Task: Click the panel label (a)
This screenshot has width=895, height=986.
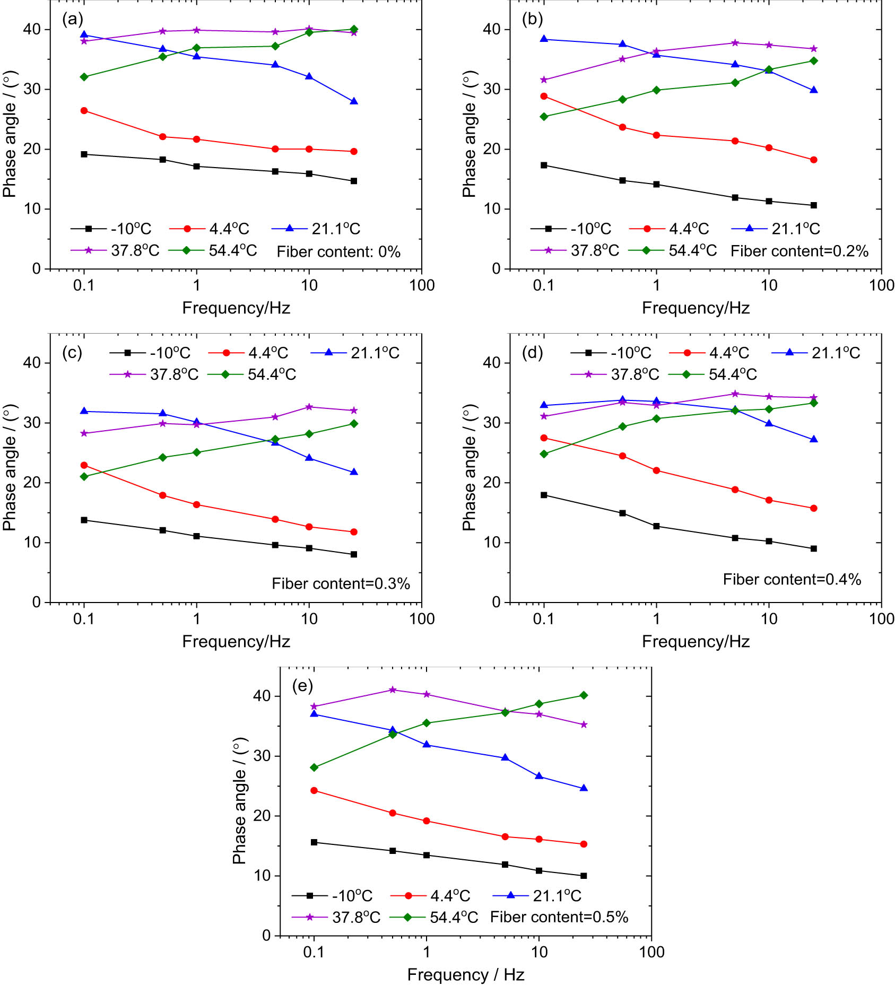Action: pyautogui.click(x=72, y=20)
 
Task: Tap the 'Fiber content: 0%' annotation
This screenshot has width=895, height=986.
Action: pyautogui.click(x=338, y=251)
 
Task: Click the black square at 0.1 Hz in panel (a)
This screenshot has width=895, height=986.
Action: pyautogui.click(x=84, y=154)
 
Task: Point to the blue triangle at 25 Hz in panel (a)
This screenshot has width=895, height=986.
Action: pyautogui.click(x=354, y=101)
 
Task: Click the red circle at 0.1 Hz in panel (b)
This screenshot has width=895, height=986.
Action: pyautogui.click(x=544, y=96)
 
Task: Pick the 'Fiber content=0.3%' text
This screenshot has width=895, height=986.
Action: pyautogui.click(x=341, y=584)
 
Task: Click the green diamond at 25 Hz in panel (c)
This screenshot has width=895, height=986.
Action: pyautogui.click(x=354, y=424)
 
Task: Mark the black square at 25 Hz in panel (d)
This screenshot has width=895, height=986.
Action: pyautogui.click(x=814, y=549)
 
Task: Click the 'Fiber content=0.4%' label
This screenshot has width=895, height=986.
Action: pyautogui.click(x=792, y=580)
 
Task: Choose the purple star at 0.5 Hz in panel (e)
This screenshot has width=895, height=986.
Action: pyautogui.click(x=393, y=690)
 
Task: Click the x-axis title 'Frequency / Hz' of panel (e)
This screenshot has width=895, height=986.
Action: pyautogui.click(x=466, y=975)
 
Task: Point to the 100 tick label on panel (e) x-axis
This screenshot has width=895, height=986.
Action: pyautogui.click(x=651, y=952)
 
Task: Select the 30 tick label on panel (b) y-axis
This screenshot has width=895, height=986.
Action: pyautogui.click(x=492, y=89)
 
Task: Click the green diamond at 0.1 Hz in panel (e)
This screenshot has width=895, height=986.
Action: pyautogui.click(x=314, y=767)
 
